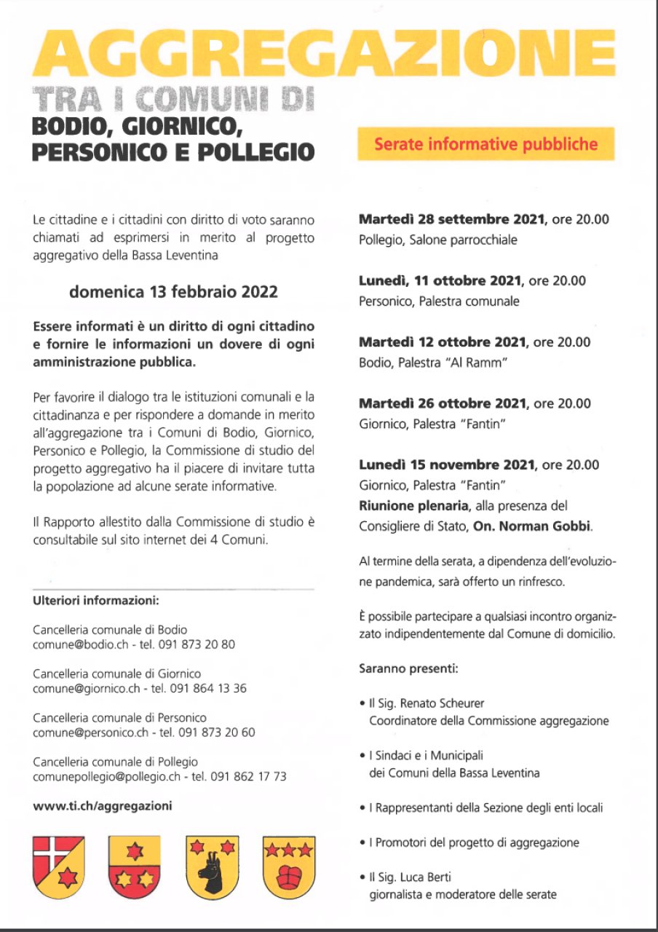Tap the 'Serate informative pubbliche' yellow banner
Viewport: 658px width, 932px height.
pyautogui.click(x=485, y=144)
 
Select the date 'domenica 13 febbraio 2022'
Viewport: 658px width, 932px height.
pyautogui.click(x=173, y=292)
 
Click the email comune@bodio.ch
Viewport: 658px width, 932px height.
pyautogui.click(x=87, y=644)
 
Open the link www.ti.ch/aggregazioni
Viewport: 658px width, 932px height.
pyautogui.click(x=103, y=806)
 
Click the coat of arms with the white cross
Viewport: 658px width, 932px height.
pyautogui.click(x=58, y=866)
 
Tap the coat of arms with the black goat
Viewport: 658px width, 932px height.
pyautogui.click(x=212, y=866)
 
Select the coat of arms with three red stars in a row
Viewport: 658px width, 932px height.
pyautogui.click(x=288, y=866)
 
